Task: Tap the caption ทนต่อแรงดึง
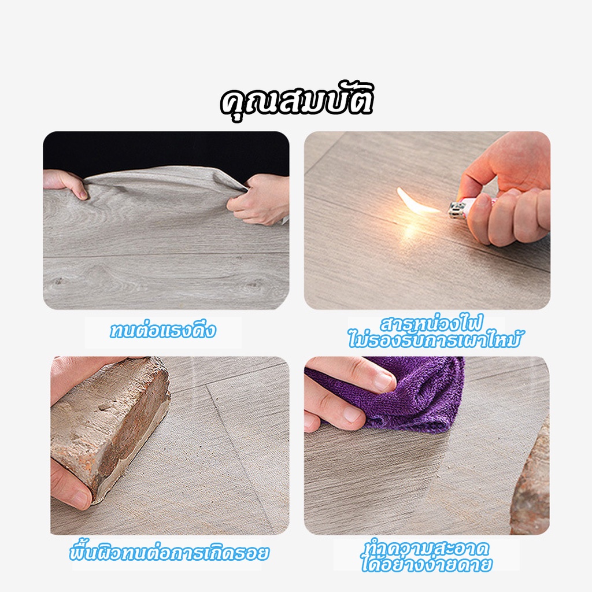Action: click(162, 330)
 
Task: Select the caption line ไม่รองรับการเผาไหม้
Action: click(434, 339)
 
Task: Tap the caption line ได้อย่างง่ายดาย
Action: click(427, 564)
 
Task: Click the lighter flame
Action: click(417, 201)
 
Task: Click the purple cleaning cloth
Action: click(400, 394)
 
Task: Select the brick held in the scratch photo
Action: click(109, 427)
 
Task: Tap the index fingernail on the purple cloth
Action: click(383, 382)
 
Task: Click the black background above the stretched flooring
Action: click(166, 151)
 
